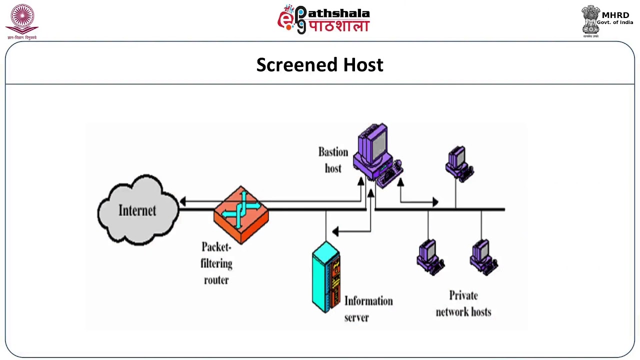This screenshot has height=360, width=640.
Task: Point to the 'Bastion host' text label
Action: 333,160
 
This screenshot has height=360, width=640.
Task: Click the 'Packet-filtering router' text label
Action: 216,263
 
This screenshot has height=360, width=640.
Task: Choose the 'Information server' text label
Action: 368,309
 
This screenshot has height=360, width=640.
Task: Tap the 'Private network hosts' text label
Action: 463,303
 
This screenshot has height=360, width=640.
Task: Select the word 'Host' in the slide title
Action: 363,64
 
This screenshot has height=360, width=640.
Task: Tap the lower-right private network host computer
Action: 483,257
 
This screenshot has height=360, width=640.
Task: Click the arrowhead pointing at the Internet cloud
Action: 183,201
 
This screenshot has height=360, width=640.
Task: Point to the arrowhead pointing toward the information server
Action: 335,231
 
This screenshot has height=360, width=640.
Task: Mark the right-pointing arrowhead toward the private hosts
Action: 435,202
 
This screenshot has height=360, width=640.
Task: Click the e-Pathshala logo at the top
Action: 323,19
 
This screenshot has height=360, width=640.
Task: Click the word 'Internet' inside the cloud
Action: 137,210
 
